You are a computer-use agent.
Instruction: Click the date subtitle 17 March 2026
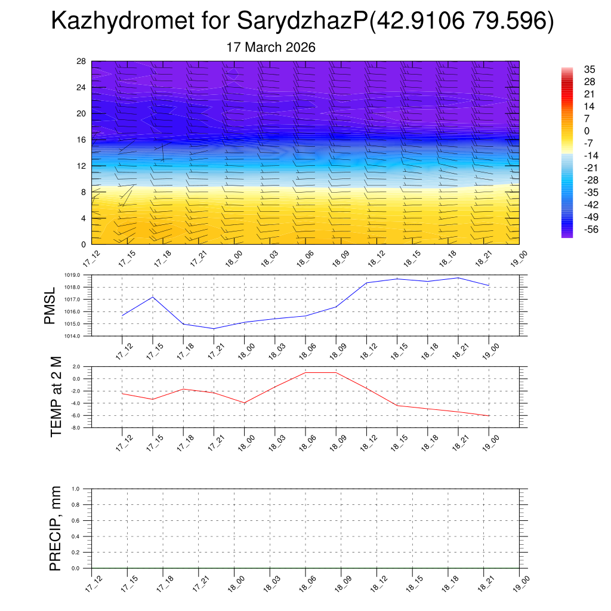pyautogui.click(x=271, y=47)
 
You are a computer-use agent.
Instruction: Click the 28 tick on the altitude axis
pyautogui.click(x=82, y=61)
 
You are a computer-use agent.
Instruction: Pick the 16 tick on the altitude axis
pyautogui.click(x=82, y=140)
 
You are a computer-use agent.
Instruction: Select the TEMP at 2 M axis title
pyautogui.click(x=57, y=397)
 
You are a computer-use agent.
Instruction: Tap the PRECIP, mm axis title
pyautogui.click(x=55, y=528)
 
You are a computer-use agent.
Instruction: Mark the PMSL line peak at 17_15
pyautogui.click(x=153, y=297)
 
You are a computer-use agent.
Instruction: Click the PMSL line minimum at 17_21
pyautogui.click(x=214, y=329)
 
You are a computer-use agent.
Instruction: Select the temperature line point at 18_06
pyautogui.click(x=305, y=372)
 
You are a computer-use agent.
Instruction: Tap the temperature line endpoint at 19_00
pyautogui.click(x=489, y=416)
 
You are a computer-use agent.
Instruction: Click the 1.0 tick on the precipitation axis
pyautogui.click(x=84, y=489)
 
